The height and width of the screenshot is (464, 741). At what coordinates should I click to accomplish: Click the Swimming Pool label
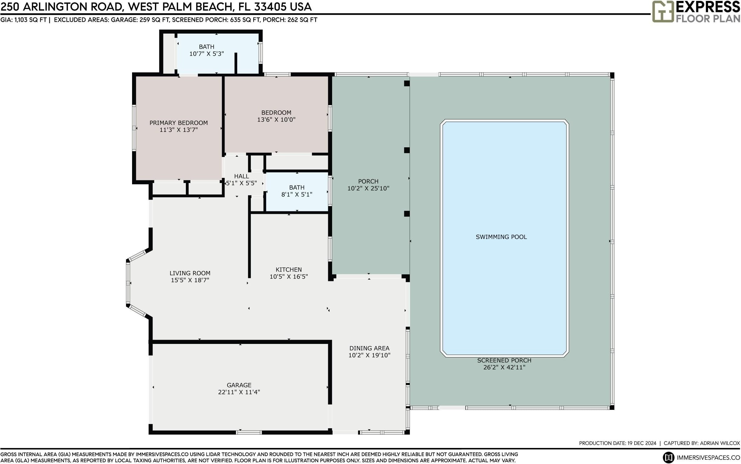click(x=501, y=237)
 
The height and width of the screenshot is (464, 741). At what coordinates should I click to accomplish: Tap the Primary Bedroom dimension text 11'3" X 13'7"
click(x=178, y=130)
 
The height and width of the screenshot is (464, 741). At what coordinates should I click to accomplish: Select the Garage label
click(x=239, y=385)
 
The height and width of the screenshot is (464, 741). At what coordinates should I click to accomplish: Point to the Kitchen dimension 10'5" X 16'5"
click(x=289, y=276)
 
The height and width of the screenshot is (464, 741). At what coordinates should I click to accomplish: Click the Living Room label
click(x=190, y=273)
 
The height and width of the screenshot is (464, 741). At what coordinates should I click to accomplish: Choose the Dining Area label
click(x=369, y=348)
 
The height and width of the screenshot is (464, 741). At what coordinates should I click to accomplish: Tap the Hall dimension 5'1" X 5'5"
click(x=241, y=183)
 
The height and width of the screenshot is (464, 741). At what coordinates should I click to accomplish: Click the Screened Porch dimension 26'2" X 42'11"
click(x=504, y=367)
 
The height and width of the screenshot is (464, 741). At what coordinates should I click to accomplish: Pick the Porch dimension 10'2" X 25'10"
click(x=368, y=188)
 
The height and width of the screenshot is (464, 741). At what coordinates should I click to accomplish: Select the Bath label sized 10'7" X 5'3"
click(x=206, y=47)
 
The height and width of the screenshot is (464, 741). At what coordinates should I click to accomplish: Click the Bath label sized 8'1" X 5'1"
click(x=297, y=188)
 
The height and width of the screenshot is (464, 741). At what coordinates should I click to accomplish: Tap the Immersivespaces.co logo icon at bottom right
click(x=668, y=458)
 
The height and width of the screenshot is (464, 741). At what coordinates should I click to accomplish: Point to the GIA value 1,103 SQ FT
click(x=31, y=20)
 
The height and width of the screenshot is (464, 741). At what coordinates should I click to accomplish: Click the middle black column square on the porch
click(x=407, y=150)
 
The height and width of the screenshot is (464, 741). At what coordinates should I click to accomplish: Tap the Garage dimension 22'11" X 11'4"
click(x=239, y=392)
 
